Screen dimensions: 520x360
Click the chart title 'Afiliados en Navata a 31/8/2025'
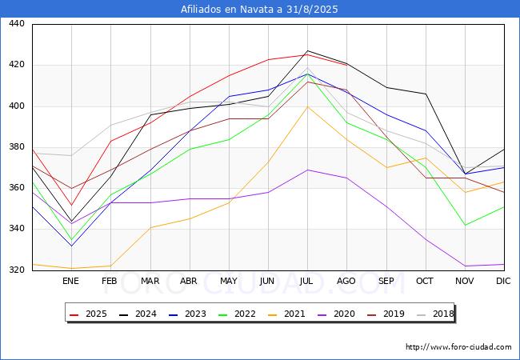[259, 10]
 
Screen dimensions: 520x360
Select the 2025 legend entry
[88, 314]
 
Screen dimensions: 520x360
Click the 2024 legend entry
[138, 314]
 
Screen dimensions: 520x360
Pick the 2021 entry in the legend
[287, 314]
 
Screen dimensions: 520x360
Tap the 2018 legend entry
[435, 314]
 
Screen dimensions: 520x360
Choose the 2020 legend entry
[336, 314]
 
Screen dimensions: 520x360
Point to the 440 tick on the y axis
[17, 23]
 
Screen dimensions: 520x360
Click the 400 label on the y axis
[17, 106]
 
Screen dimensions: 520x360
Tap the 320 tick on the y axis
[17, 270]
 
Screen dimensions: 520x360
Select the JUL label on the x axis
[306, 281]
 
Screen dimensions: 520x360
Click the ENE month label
[70, 281]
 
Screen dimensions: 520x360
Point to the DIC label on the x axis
[503, 281]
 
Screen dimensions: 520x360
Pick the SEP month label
[386, 281]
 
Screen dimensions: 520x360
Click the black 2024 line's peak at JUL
[308, 50]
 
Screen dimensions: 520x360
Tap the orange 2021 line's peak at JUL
[308, 106]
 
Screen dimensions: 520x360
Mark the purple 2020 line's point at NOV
[466, 266]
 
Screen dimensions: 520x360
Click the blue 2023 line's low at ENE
[72, 246]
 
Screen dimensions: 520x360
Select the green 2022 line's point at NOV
[466, 225]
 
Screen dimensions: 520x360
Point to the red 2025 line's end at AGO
[347, 66]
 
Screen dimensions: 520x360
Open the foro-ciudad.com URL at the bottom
[458, 347]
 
